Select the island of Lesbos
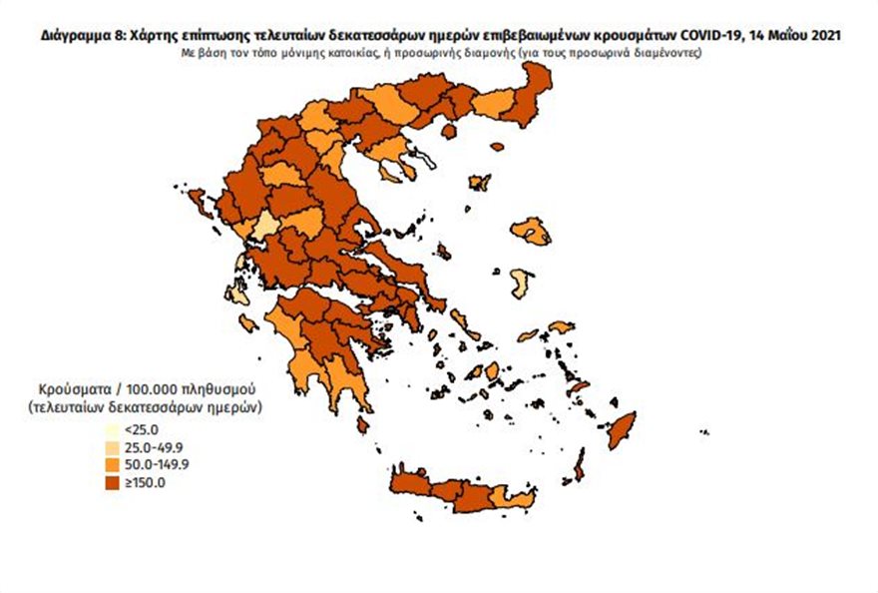coord(531,232)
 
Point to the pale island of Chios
coord(519,283)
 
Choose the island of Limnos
coord(480,183)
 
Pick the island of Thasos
coord(448,131)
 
